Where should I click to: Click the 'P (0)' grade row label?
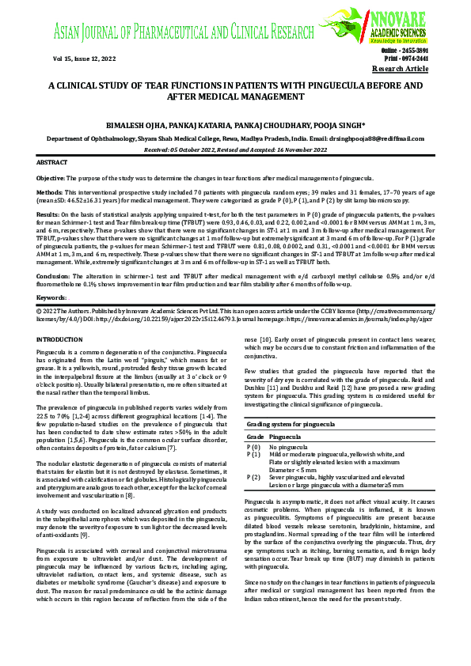pos(254,447)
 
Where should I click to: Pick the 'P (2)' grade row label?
pos(254,477)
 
